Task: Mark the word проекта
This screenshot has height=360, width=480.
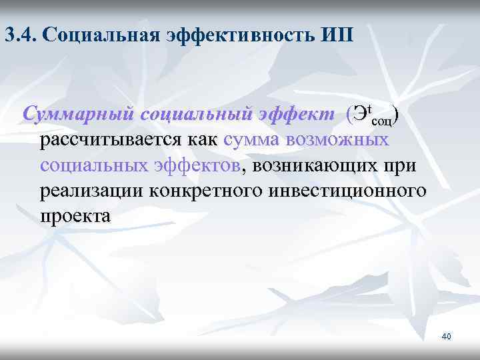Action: point(75,217)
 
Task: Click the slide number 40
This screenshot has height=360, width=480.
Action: point(446,336)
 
